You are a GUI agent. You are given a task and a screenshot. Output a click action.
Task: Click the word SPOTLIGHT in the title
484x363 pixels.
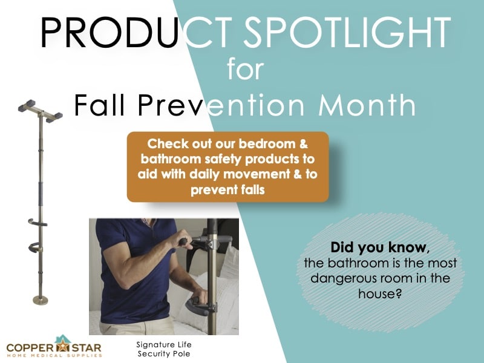347,33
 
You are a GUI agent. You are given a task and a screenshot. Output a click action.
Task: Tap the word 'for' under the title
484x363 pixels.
246,68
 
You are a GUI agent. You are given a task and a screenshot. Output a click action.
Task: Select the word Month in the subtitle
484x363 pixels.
367,105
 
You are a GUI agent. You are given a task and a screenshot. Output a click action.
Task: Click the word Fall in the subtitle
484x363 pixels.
99,105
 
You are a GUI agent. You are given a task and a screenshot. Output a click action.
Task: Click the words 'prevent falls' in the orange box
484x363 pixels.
228,189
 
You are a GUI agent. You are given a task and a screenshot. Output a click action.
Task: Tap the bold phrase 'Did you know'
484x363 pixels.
378,247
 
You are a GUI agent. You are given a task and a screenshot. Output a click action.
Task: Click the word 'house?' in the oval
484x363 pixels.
380,293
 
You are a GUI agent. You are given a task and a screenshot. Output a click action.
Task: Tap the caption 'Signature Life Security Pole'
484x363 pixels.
164,349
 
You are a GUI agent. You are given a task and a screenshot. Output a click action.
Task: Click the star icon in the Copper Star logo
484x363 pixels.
63,346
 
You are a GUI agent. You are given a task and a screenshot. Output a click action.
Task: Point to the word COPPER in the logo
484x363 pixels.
30,348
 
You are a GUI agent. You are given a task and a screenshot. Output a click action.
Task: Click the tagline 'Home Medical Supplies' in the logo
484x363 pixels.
54,356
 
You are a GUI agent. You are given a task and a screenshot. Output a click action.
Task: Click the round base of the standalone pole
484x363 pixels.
41,299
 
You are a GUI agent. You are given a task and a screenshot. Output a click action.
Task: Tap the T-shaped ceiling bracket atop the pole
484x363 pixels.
40,111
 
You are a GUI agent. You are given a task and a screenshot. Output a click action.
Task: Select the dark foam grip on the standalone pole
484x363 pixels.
41,194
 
